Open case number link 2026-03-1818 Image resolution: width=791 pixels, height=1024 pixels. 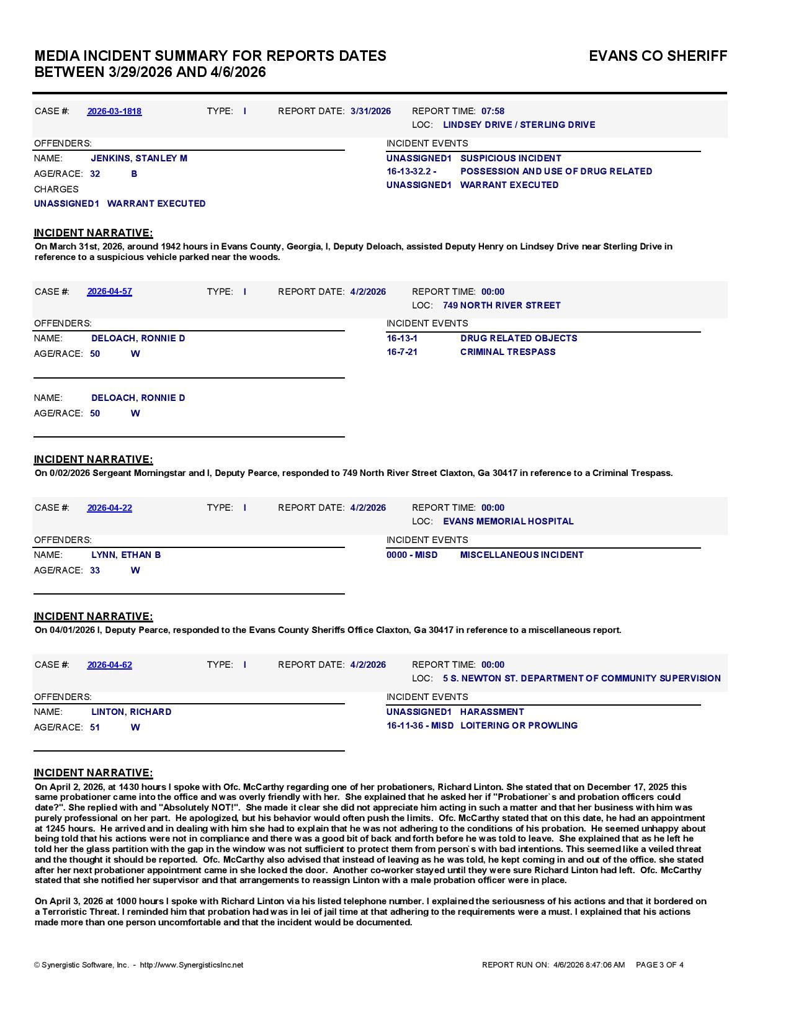[x=114, y=111]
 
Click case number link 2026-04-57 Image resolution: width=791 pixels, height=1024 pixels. [x=109, y=291]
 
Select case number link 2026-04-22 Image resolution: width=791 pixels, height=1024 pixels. [x=109, y=508]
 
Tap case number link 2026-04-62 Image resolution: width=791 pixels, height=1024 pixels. [x=109, y=665]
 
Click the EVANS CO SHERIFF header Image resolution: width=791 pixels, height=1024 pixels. [x=658, y=56]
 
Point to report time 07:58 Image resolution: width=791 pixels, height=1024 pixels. [x=493, y=111]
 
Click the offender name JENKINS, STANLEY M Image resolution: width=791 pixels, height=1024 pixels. [x=139, y=158]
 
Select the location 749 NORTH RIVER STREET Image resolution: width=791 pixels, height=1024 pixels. [x=501, y=305]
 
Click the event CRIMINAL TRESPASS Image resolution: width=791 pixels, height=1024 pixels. [x=507, y=352]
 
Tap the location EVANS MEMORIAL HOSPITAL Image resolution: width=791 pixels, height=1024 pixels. [x=508, y=521]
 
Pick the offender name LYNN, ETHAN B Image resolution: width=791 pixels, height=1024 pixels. [x=126, y=555]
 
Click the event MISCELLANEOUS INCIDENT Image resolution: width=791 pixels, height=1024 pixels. [x=522, y=555]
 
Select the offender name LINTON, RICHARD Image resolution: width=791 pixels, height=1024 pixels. [x=131, y=712]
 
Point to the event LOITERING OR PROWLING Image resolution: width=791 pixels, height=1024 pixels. [x=519, y=725]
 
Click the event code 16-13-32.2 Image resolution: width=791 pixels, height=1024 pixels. [x=411, y=171]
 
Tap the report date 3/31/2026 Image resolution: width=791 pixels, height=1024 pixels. [x=370, y=111]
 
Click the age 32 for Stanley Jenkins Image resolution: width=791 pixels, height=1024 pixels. [x=95, y=174]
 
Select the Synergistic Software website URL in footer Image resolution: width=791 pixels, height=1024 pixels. [x=191, y=965]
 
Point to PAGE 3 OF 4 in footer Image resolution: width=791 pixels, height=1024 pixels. [x=659, y=965]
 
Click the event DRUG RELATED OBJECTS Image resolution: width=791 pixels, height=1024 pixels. [x=519, y=338]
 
